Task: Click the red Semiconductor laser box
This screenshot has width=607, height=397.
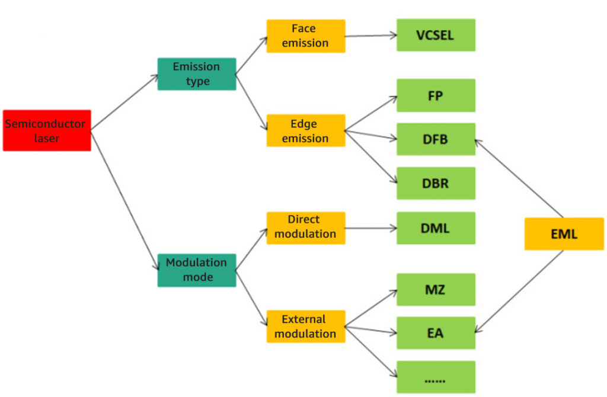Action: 47,130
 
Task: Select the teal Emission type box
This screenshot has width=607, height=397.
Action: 196,74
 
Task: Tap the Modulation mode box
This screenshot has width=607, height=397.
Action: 196,270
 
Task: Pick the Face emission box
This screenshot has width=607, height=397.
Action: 305,36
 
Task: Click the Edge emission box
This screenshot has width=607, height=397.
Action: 305,131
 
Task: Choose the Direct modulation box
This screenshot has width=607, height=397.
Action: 305,228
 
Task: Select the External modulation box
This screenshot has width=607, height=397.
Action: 305,326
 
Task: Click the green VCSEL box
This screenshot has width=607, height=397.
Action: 436,35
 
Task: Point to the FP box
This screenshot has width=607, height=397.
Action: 436,95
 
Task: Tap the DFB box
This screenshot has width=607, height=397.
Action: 436,139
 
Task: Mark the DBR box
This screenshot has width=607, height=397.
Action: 436,183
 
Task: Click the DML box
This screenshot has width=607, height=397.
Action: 436,228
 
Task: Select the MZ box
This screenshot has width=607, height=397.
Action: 436,290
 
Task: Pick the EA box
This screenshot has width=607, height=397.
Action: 436,333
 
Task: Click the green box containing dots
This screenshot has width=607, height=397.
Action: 436,377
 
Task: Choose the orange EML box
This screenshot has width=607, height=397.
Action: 564,233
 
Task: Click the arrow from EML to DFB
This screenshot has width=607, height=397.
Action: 519,178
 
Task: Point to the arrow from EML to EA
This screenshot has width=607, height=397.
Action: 520,290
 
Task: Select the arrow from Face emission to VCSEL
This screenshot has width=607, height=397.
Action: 370,36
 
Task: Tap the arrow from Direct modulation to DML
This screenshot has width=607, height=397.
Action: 370,228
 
